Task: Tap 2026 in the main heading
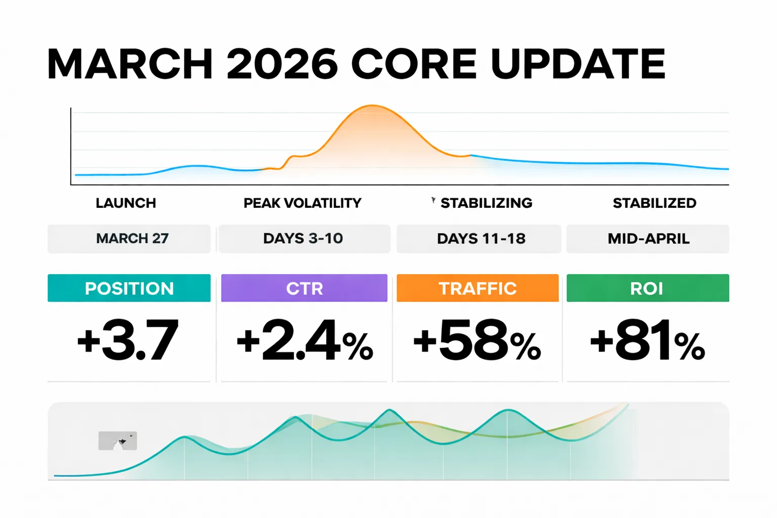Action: pos(282,64)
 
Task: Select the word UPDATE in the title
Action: pos(578,64)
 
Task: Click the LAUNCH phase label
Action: pos(126,203)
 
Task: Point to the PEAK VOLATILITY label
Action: pos(303,203)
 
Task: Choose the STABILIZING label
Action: pos(486,203)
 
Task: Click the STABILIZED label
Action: pos(654,203)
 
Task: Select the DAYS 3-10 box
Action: pos(304,238)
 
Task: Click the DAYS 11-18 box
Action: pos(481,238)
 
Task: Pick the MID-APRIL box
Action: pos(648,238)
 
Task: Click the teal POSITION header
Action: pos(129,288)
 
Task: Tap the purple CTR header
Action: pos(304,288)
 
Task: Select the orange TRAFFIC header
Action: pos(478,288)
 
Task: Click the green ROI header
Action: pos(647,288)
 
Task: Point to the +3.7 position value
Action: pos(127,340)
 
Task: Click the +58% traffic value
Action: pos(477,341)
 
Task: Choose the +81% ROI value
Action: pos(647,341)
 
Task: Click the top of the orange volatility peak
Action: pos(372,106)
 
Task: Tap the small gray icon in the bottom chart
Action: pos(117,441)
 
